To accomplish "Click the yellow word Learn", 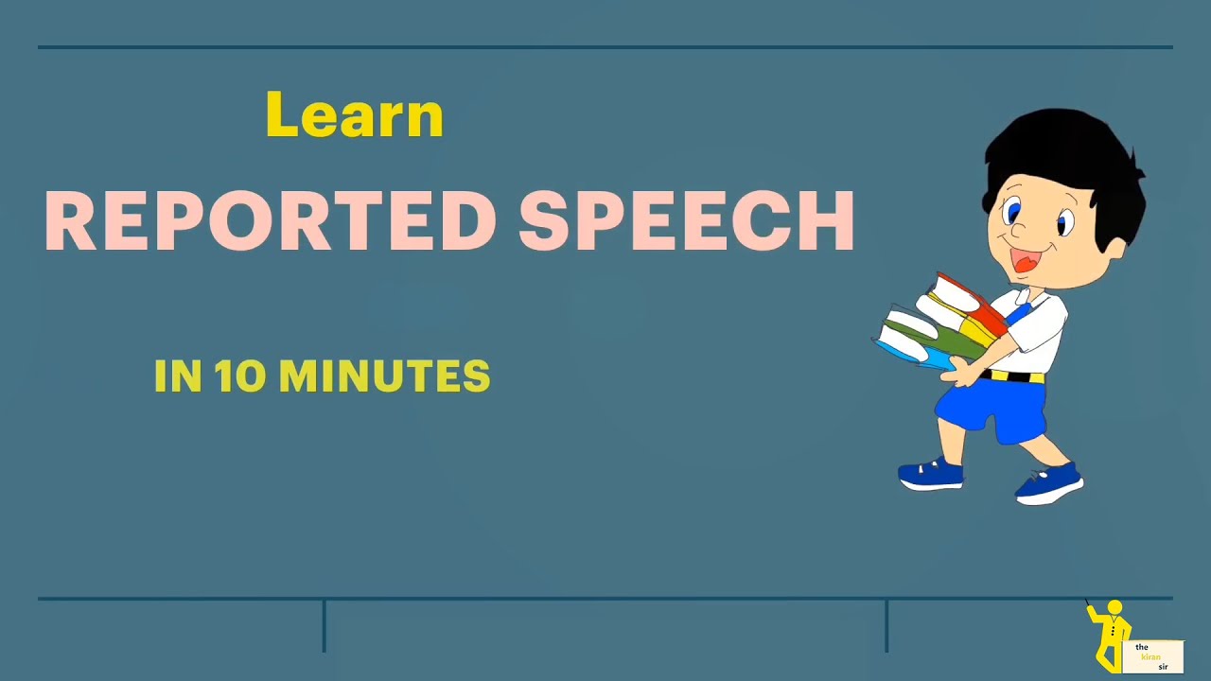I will [x=355, y=115].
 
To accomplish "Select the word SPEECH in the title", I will [x=687, y=221].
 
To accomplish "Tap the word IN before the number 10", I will [x=178, y=376].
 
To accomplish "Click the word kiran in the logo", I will [x=1150, y=656].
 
